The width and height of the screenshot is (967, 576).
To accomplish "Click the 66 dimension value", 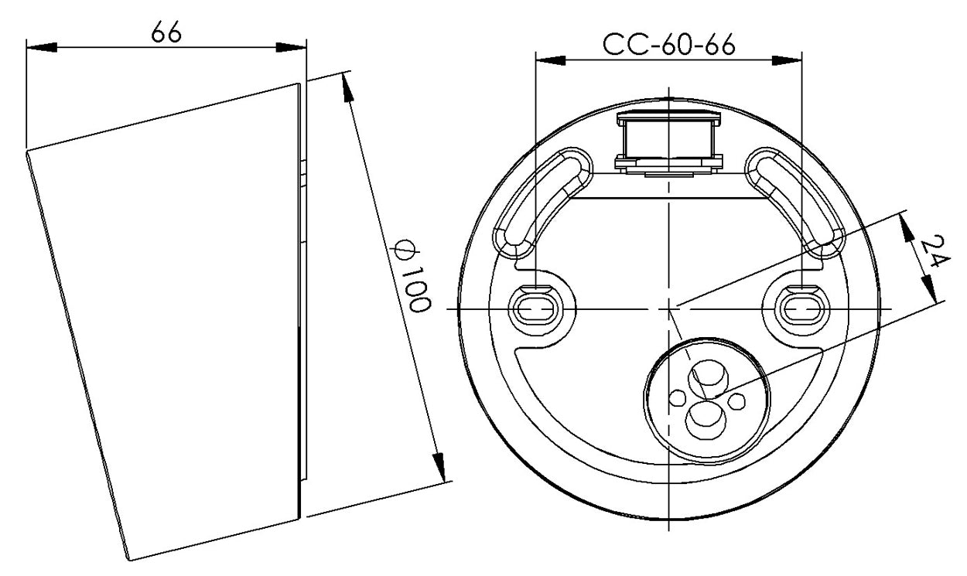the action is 166,32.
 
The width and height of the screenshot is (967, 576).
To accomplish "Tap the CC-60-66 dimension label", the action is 668,44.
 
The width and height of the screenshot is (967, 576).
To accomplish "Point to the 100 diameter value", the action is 415,289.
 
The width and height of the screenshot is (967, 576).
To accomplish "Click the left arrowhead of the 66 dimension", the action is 42,47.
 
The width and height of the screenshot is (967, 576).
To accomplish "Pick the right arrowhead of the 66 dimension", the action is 291,47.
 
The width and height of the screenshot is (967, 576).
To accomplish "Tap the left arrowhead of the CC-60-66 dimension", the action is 551,60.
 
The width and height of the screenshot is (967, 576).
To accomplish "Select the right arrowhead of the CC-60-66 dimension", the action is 787,60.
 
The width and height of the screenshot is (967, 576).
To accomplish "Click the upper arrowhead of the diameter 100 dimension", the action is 347,87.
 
